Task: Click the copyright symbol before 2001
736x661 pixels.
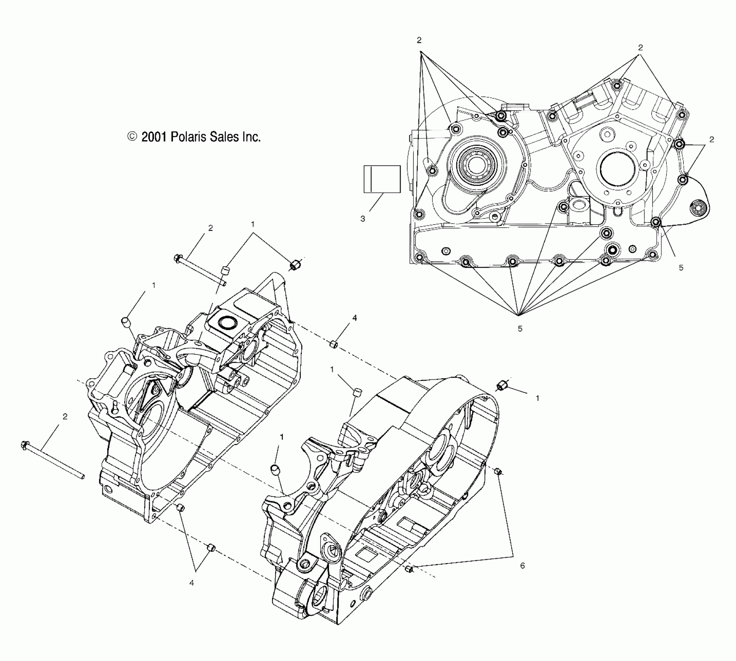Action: pos(132,136)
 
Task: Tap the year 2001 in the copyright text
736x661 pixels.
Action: pos(154,137)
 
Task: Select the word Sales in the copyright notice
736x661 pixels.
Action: pos(226,137)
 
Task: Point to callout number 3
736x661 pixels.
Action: pos(363,219)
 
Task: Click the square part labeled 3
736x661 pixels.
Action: pos(382,179)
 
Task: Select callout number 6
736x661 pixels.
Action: pos(522,565)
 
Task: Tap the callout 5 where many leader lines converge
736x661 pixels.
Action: pos(520,329)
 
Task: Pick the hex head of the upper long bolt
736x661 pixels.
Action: pos(178,258)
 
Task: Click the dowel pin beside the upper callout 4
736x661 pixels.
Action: pos(333,344)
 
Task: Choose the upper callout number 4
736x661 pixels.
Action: pos(354,318)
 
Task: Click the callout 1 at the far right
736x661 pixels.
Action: pos(537,398)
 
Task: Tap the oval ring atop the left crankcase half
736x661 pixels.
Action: pos(227,322)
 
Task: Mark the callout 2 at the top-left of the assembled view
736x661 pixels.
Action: pos(419,40)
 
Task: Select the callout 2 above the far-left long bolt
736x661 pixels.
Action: pos(65,416)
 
